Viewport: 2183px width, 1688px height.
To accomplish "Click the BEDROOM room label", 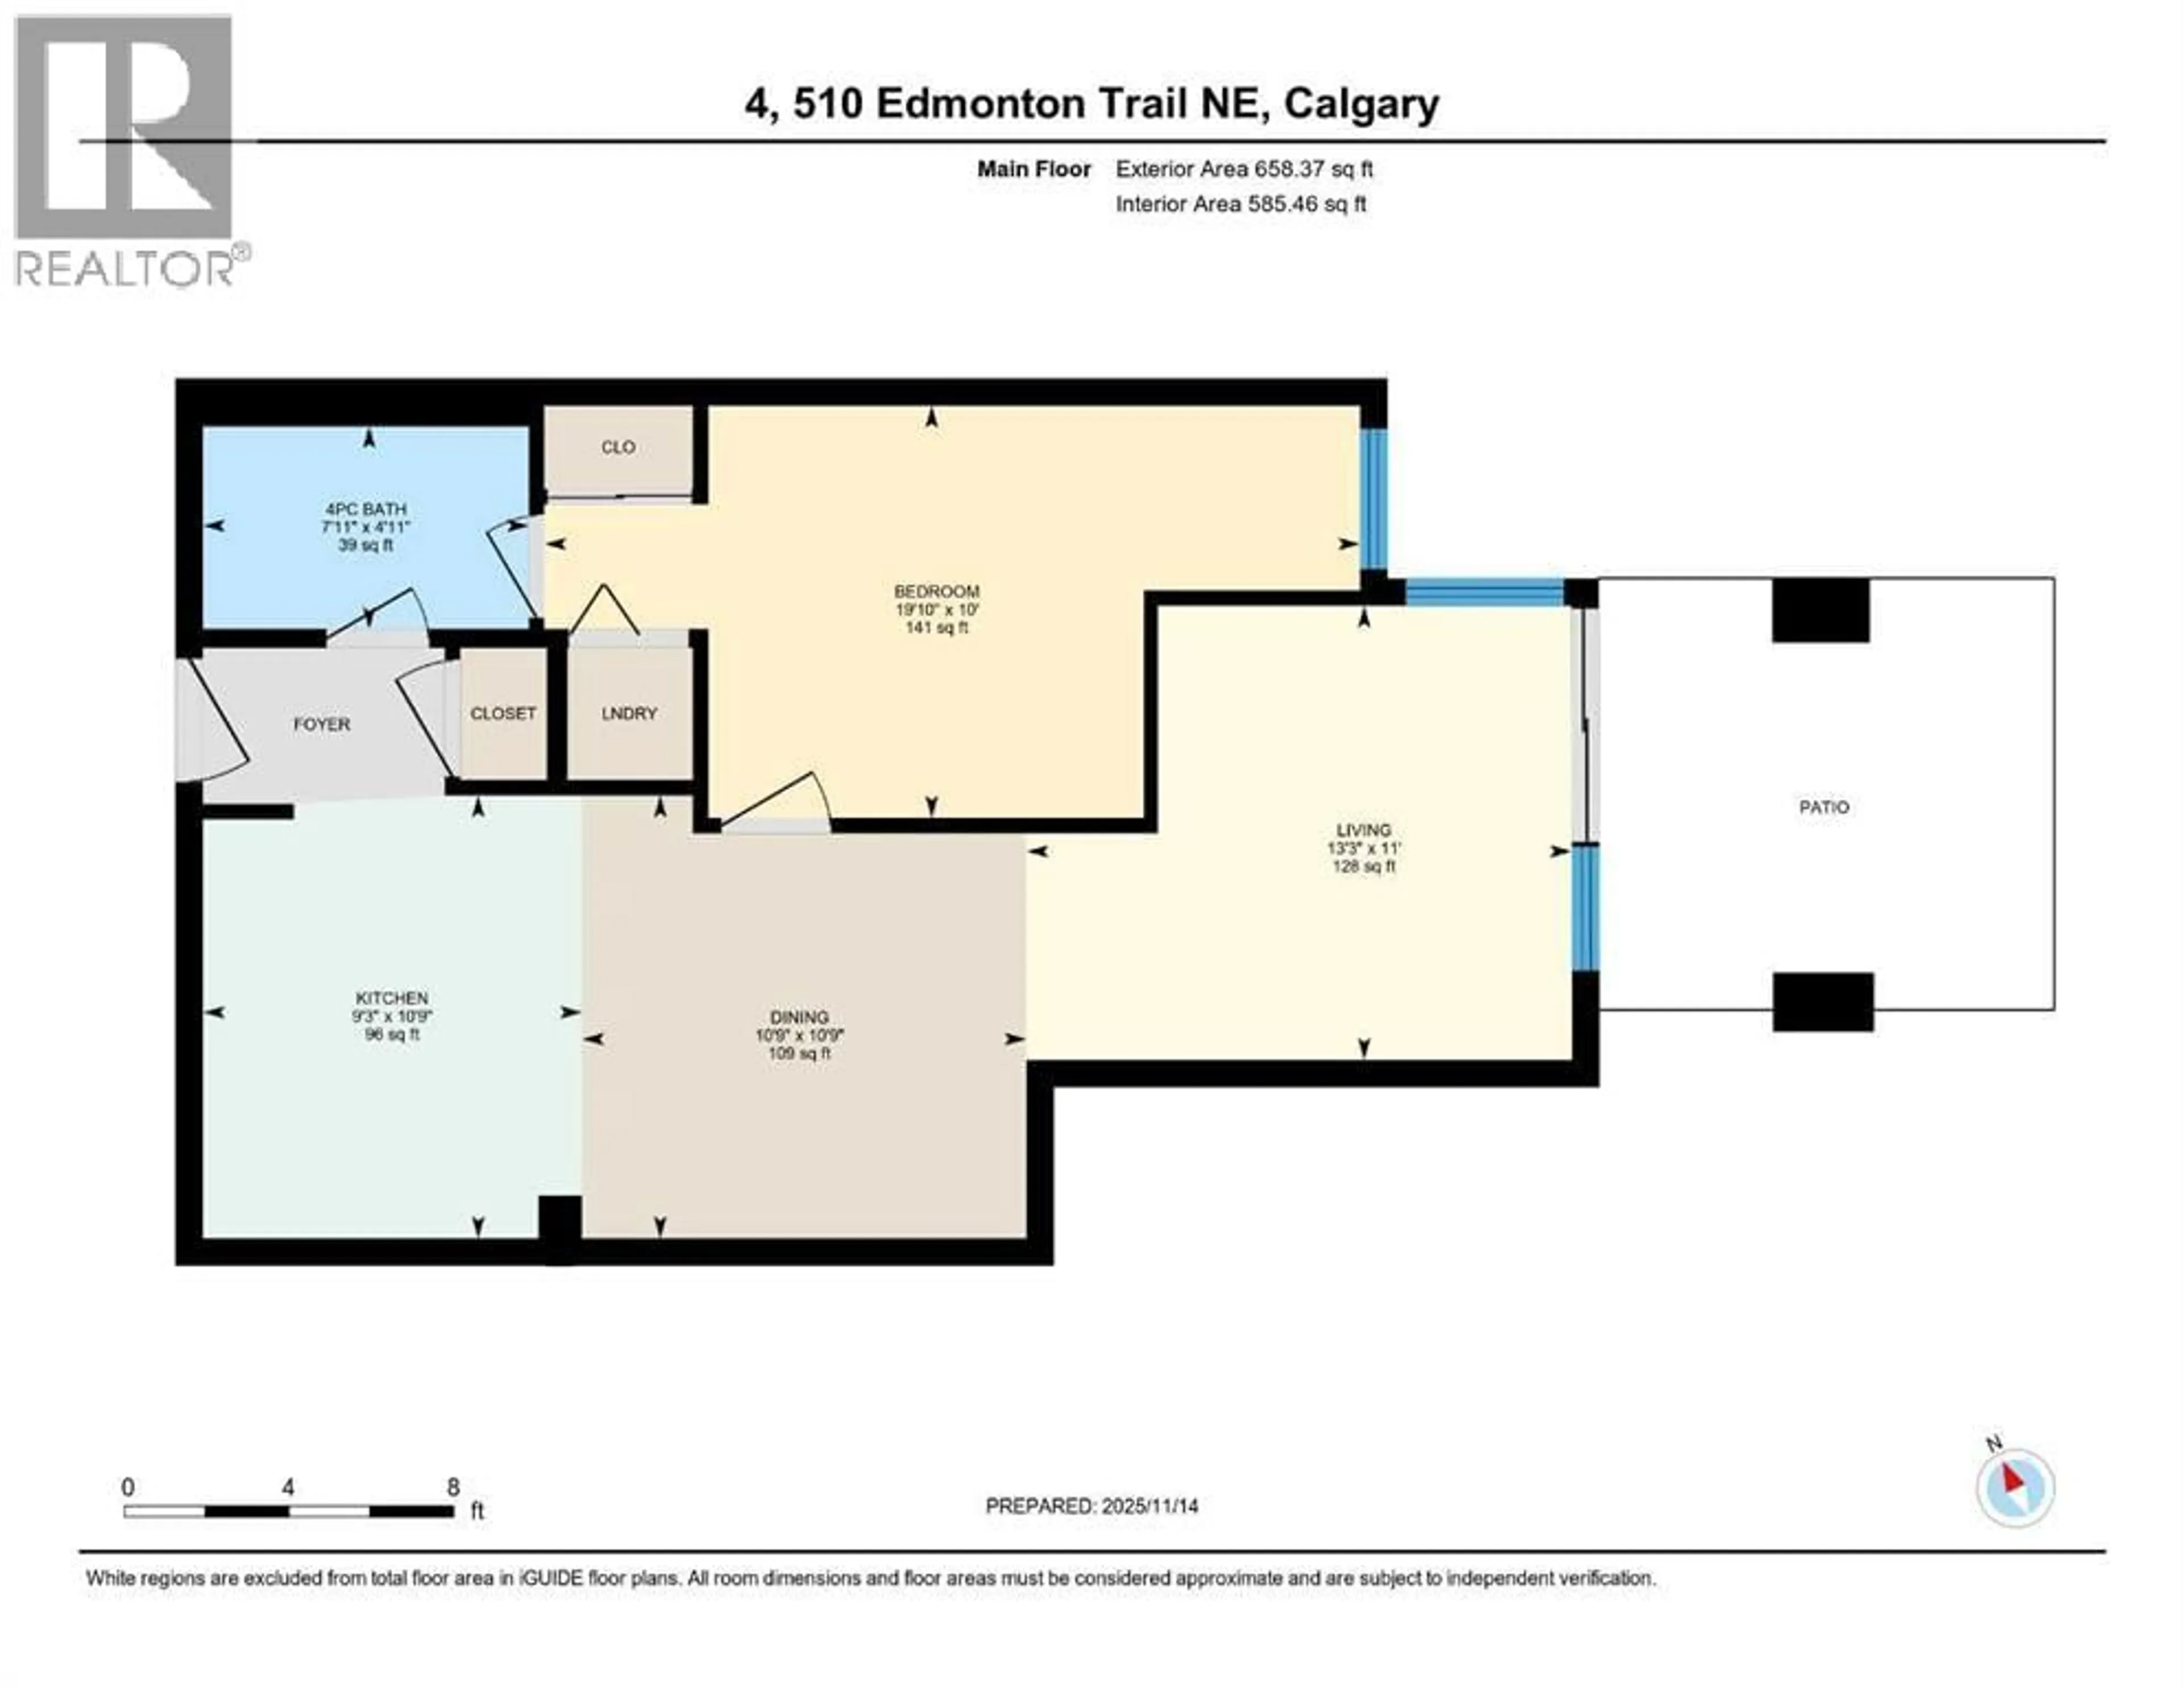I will pyautogui.click(x=936, y=591).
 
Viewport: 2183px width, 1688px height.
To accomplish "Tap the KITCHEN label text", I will pyautogui.click(x=392, y=997).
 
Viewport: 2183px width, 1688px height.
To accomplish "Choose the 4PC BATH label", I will pyautogui.click(x=366, y=509).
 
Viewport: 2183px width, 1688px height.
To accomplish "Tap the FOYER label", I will pyautogui.click(x=322, y=724).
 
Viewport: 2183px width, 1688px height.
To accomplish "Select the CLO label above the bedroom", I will pyautogui.click(x=618, y=447).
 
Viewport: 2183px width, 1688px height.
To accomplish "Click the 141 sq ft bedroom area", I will pyautogui.click(x=936, y=627).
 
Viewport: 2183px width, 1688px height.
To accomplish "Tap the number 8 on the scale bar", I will pyautogui.click(x=453, y=1486).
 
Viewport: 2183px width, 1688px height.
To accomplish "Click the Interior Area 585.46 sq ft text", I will pyautogui.click(x=1240, y=204).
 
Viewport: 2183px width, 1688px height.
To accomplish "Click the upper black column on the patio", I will pyautogui.click(x=1820, y=610).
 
